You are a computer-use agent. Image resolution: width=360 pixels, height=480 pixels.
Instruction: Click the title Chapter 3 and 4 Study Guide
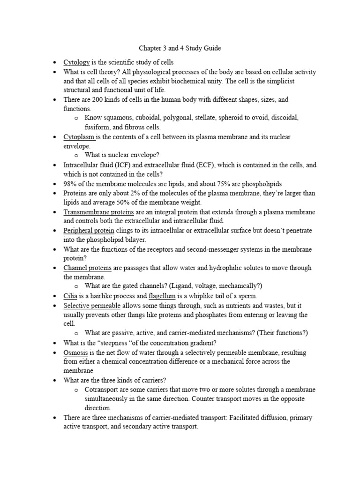[180, 48]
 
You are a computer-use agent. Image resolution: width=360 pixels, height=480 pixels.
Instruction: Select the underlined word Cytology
[76, 62]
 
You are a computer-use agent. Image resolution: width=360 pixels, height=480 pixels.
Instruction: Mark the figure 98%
[70, 184]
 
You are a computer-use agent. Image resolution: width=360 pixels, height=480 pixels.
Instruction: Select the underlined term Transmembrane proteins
[98, 212]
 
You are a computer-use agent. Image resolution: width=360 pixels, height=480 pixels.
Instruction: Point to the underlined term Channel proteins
[87, 268]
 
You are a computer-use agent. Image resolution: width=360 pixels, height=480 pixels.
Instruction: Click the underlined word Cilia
[69, 296]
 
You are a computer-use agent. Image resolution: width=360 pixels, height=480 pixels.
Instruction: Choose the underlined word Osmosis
[75, 352]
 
